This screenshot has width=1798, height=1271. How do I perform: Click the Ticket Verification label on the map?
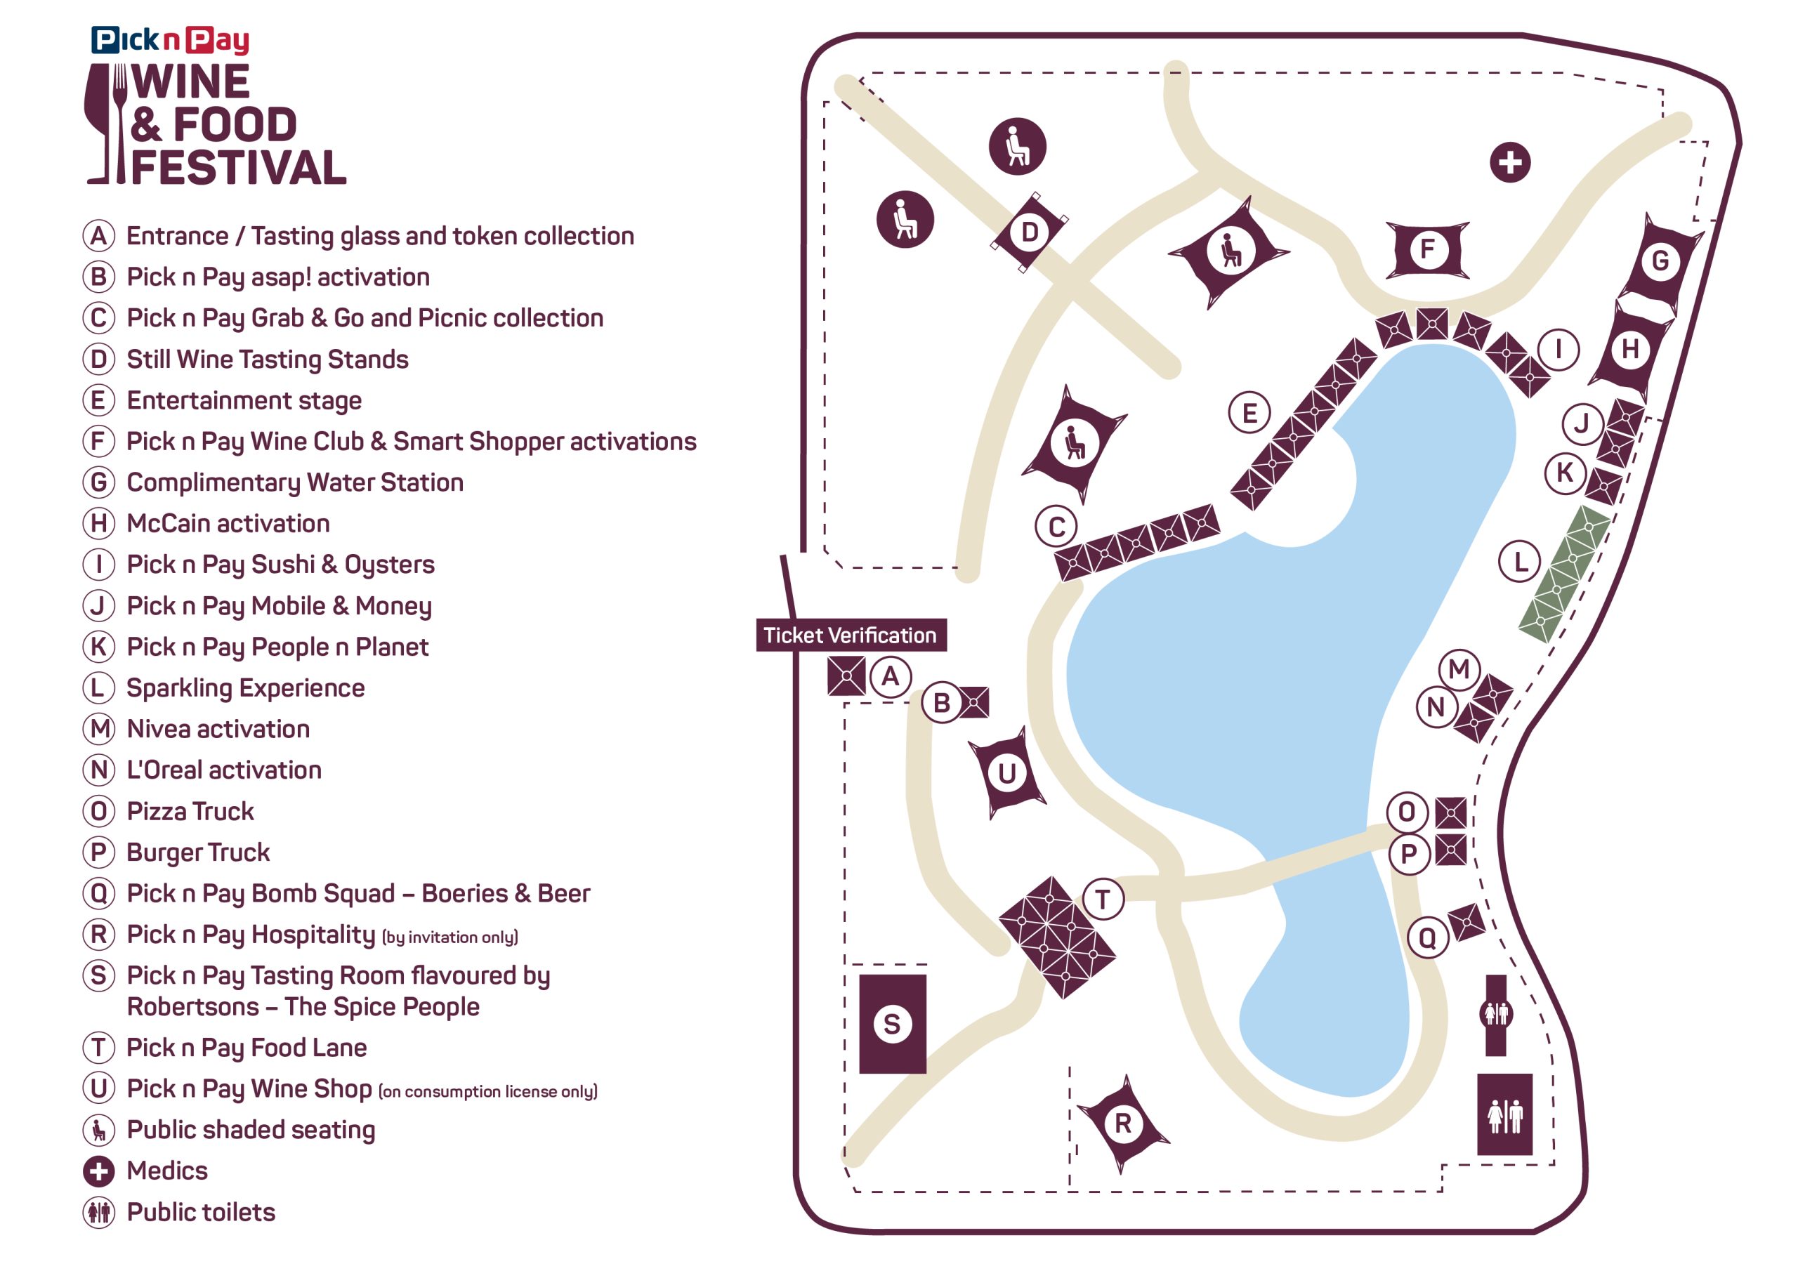coord(851,635)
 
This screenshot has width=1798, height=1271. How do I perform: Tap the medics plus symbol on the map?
coord(1510,162)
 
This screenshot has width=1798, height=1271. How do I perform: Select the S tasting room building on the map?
coord(892,1024)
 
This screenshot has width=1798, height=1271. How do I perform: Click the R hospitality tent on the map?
coord(1123,1124)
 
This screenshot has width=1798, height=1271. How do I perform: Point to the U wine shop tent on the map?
coord(1007,773)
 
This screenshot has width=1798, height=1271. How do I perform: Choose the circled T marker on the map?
coord(1103,899)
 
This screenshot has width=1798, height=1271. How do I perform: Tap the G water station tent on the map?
coord(1660,261)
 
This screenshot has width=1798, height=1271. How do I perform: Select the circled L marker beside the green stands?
coord(1520,562)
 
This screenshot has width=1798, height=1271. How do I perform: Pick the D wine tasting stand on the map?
coord(1029,232)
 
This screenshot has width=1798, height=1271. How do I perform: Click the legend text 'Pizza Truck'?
coord(190,811)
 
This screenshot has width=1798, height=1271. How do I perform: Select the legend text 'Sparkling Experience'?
coord(245,687)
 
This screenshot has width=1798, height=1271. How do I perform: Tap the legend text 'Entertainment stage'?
coord(244,400)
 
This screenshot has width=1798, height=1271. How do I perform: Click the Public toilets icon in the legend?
coord(98,1212)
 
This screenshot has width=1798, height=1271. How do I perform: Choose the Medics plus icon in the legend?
coord(98,1171)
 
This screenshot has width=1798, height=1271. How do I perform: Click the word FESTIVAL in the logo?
coord(238,168)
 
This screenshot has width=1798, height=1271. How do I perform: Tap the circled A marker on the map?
coord(891,676)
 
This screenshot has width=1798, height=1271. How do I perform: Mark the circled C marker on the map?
coord(1056,527)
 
